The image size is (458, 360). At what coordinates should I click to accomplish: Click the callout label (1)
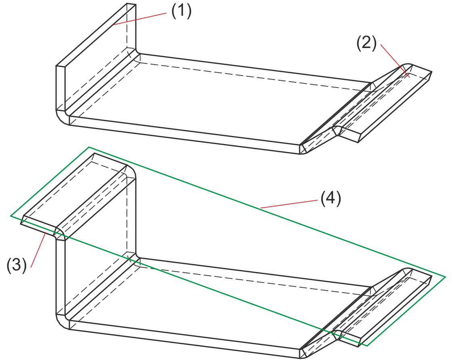click(181, 11)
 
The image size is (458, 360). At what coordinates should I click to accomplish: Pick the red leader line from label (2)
click(393, 57)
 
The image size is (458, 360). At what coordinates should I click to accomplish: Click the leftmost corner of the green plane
click(11, 216)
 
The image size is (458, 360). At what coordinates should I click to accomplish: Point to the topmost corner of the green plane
click(89, 147)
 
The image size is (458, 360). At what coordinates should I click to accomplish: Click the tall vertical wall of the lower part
click(97, 258)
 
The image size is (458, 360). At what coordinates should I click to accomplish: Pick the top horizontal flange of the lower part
click(77, 194)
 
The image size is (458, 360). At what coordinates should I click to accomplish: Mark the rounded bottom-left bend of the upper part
click(62, 117)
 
